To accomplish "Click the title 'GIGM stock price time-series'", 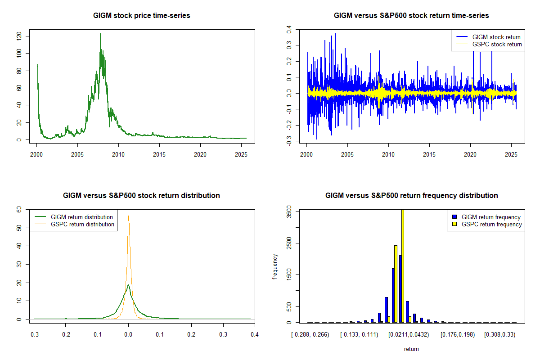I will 142,16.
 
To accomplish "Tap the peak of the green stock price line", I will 100,34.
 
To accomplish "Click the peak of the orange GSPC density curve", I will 129,216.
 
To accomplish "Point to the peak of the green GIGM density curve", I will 128,285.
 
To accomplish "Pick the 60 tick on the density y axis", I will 19,209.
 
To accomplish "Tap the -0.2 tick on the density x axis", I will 65,335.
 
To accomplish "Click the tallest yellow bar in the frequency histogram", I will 403,265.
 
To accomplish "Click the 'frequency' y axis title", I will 275,267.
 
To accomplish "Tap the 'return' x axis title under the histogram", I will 411,349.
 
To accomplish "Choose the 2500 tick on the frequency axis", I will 289,243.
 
